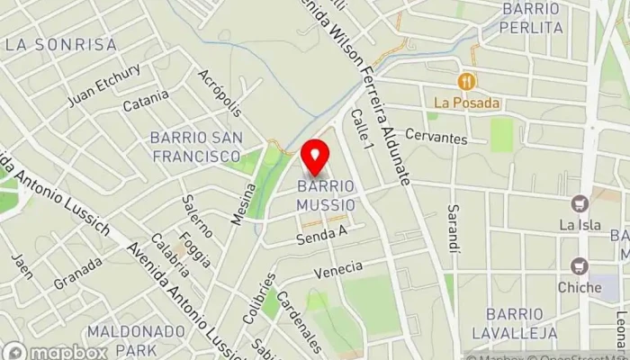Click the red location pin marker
[x=314, y=158]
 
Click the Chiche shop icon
[x=579, y=265]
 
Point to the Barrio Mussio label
[x=326, y=195]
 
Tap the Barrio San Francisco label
[x=195, y=147]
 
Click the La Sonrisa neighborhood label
[x=61, y=43]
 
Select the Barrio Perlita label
[x=533, y=18]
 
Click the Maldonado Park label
[x=123, y=338]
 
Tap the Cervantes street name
[x=436, y=138]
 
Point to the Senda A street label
[x=322, y=236]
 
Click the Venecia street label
[x=338, y=268]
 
